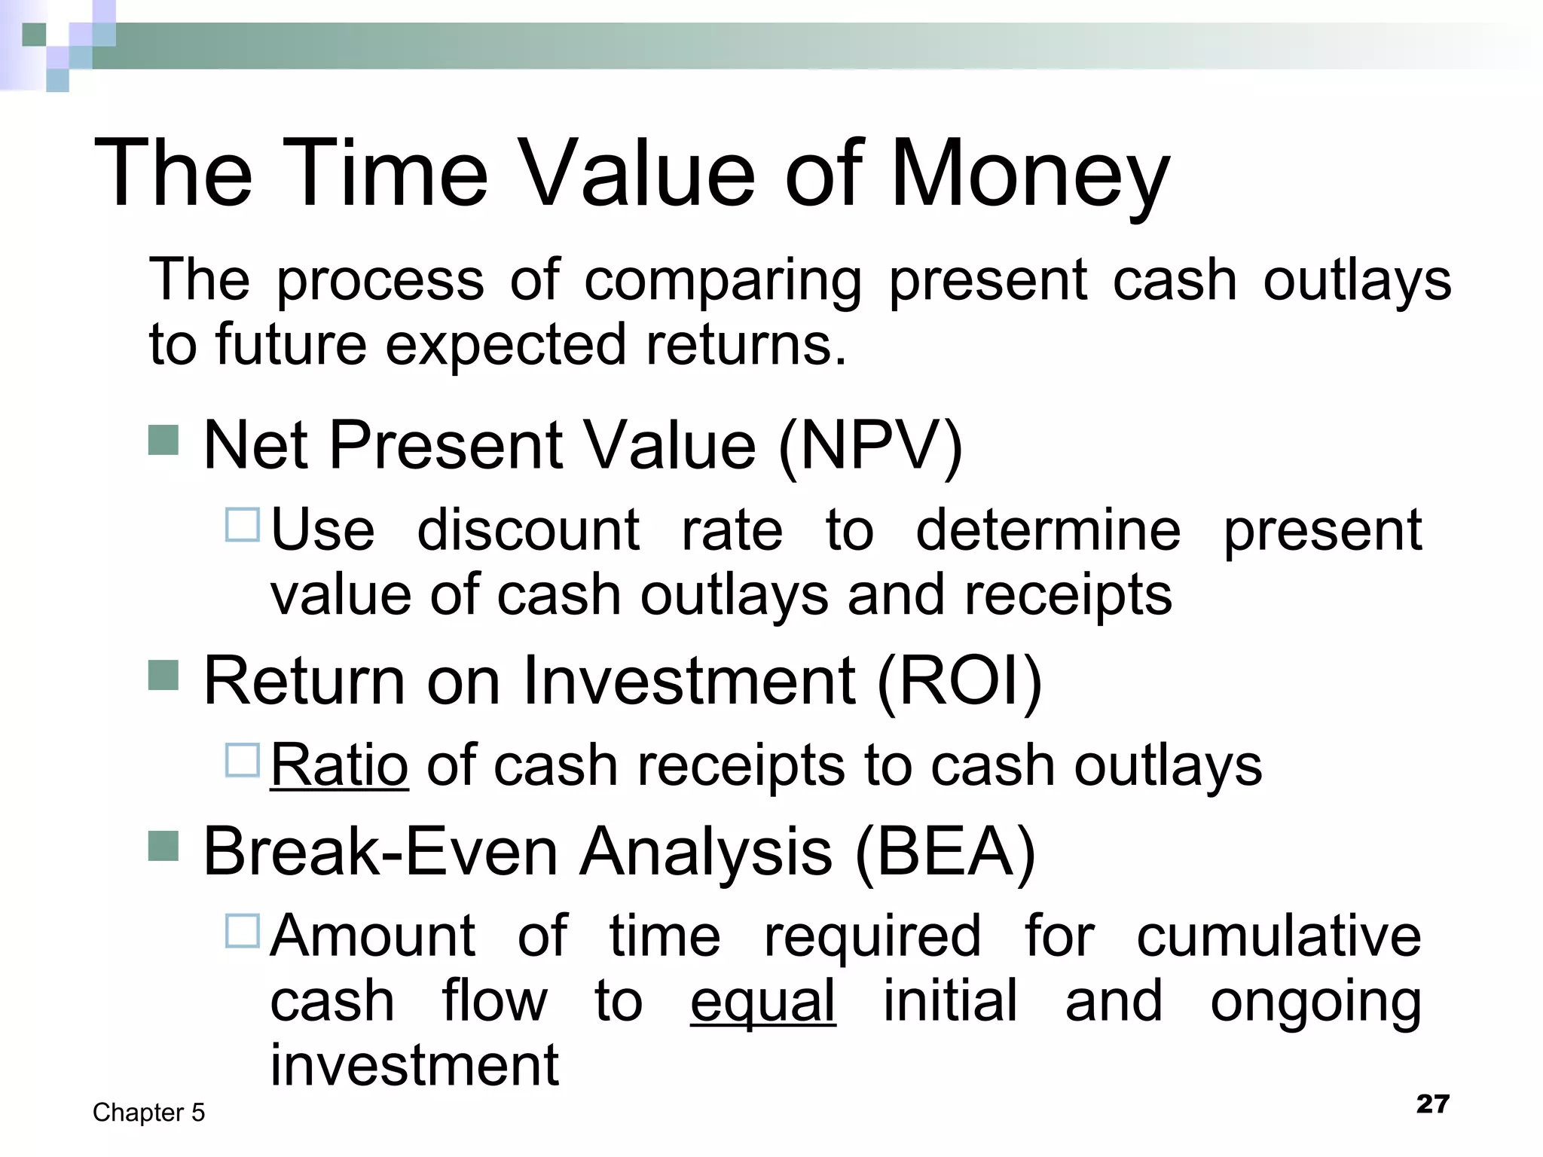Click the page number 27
pos(1432,1104)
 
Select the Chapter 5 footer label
pos(148,1113)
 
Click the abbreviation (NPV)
pos(870,446)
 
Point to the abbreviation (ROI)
pos(959,681)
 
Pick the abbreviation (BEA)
pos(946,852)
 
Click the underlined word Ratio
pos(339,765)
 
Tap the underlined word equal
pos(762,1001)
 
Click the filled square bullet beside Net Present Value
pos(163,441)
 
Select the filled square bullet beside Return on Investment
pos(163,676)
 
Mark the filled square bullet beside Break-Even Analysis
pos(163,846)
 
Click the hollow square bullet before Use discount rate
pos(243,525)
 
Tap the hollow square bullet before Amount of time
pos(243,931)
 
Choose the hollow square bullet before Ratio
pos(243,760)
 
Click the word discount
pos(528,530)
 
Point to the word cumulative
pos(1279,936)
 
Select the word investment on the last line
pos(414,1066)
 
